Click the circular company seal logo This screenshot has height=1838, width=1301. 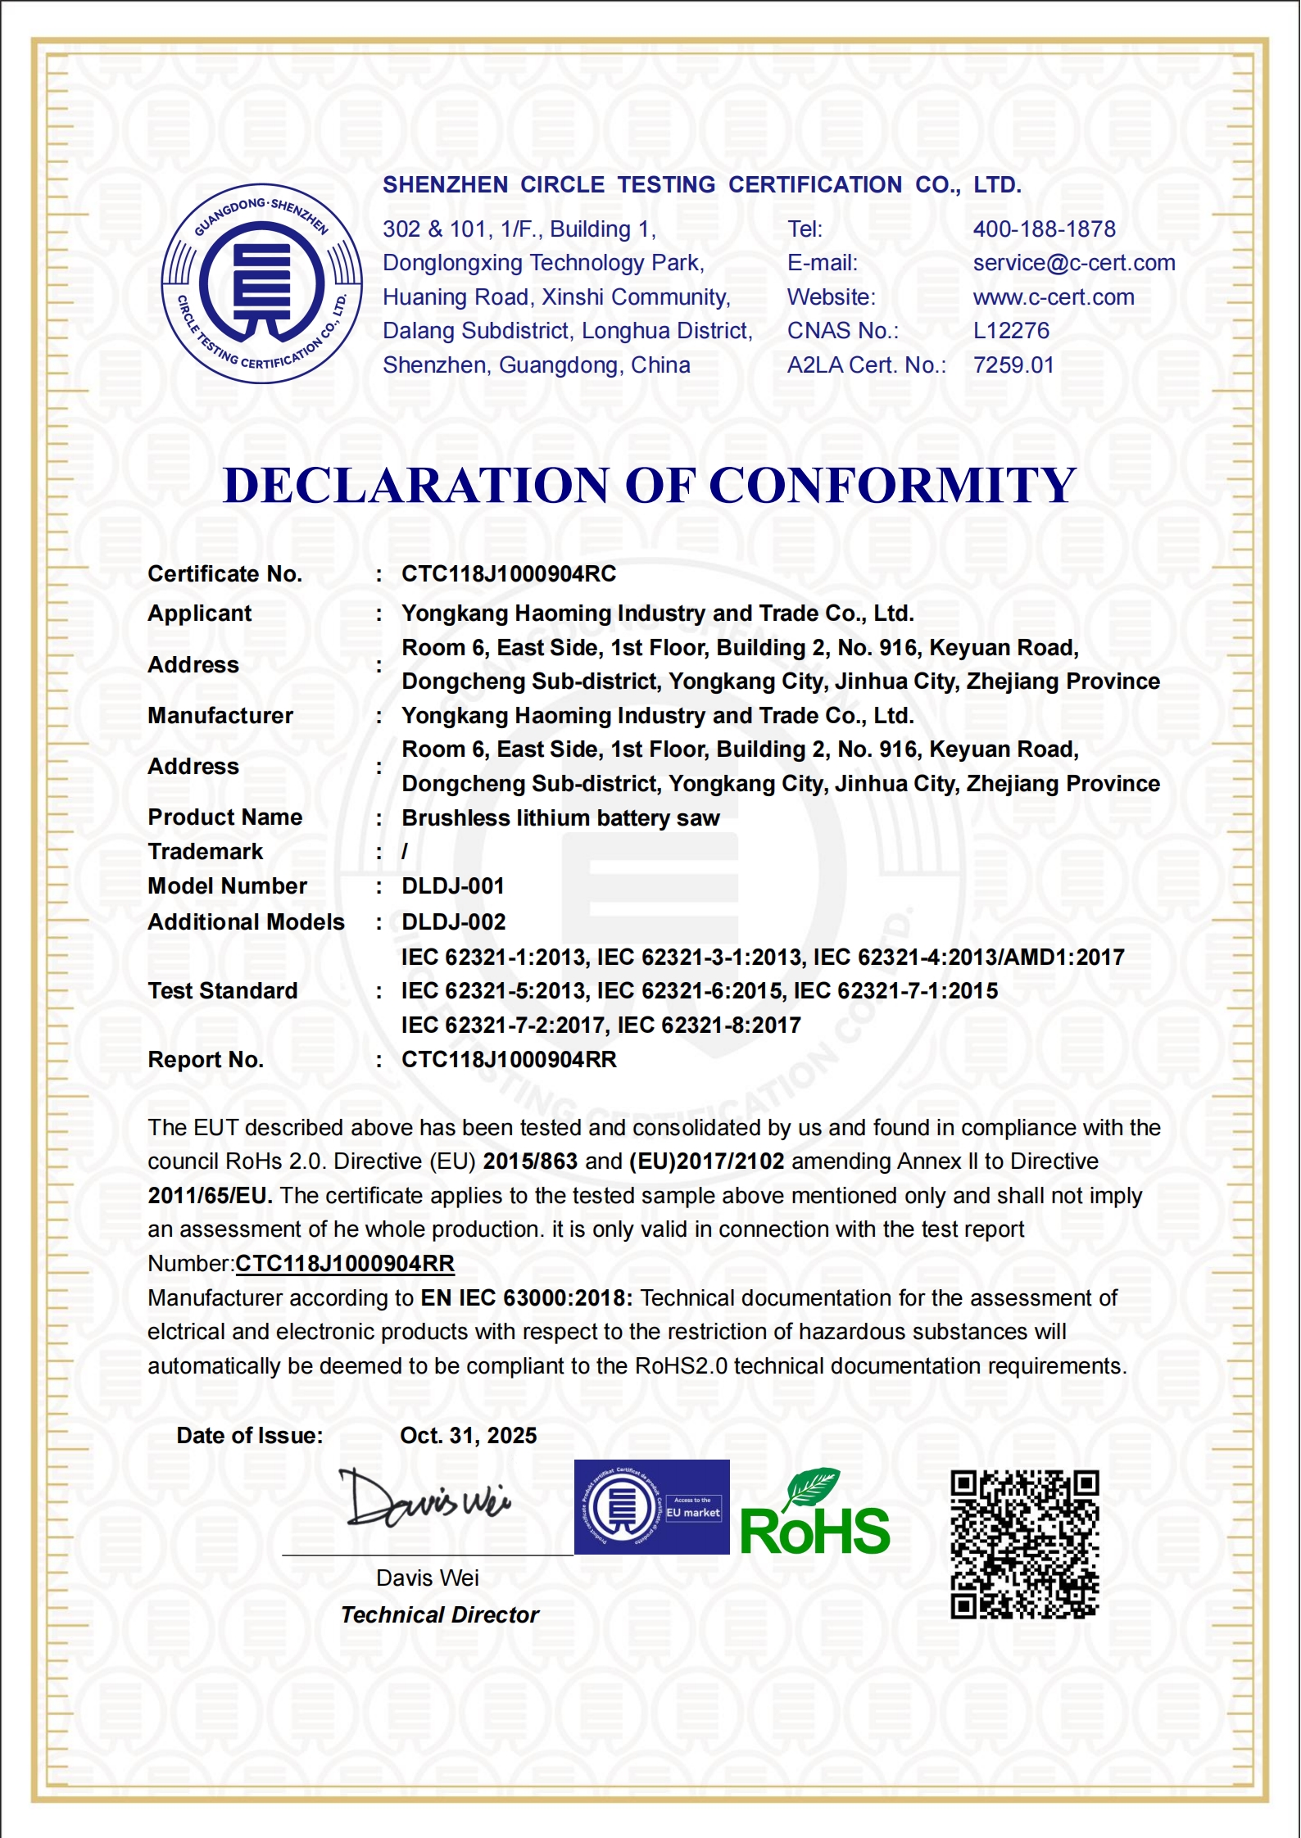point(261,283)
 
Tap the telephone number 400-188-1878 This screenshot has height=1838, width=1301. point(1044,229)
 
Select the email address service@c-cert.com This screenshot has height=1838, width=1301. point(1073,263)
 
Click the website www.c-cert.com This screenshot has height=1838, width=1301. point(1053,297)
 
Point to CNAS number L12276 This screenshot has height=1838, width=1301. point(1011,331)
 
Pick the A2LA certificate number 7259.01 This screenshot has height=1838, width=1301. point(1013,365)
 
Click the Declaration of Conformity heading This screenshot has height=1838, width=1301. point(650,485)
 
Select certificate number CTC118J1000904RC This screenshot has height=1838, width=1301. point(508,574)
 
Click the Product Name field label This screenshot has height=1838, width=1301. point(224,817)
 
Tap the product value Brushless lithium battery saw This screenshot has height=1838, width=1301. point(560,818)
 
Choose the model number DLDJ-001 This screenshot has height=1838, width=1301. point(452,886)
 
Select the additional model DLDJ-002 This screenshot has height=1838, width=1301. point(453,922)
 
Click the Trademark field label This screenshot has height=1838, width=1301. point(205,852)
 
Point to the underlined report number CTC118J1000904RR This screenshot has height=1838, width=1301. point(345,1264)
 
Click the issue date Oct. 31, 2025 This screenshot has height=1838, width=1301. point(468,1436)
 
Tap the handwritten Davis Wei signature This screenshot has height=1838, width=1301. point(426,1499)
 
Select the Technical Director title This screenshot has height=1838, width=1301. point(439,1615)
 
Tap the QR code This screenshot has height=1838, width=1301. point(1024,1545)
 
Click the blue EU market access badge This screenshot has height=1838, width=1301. point(651,1507)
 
